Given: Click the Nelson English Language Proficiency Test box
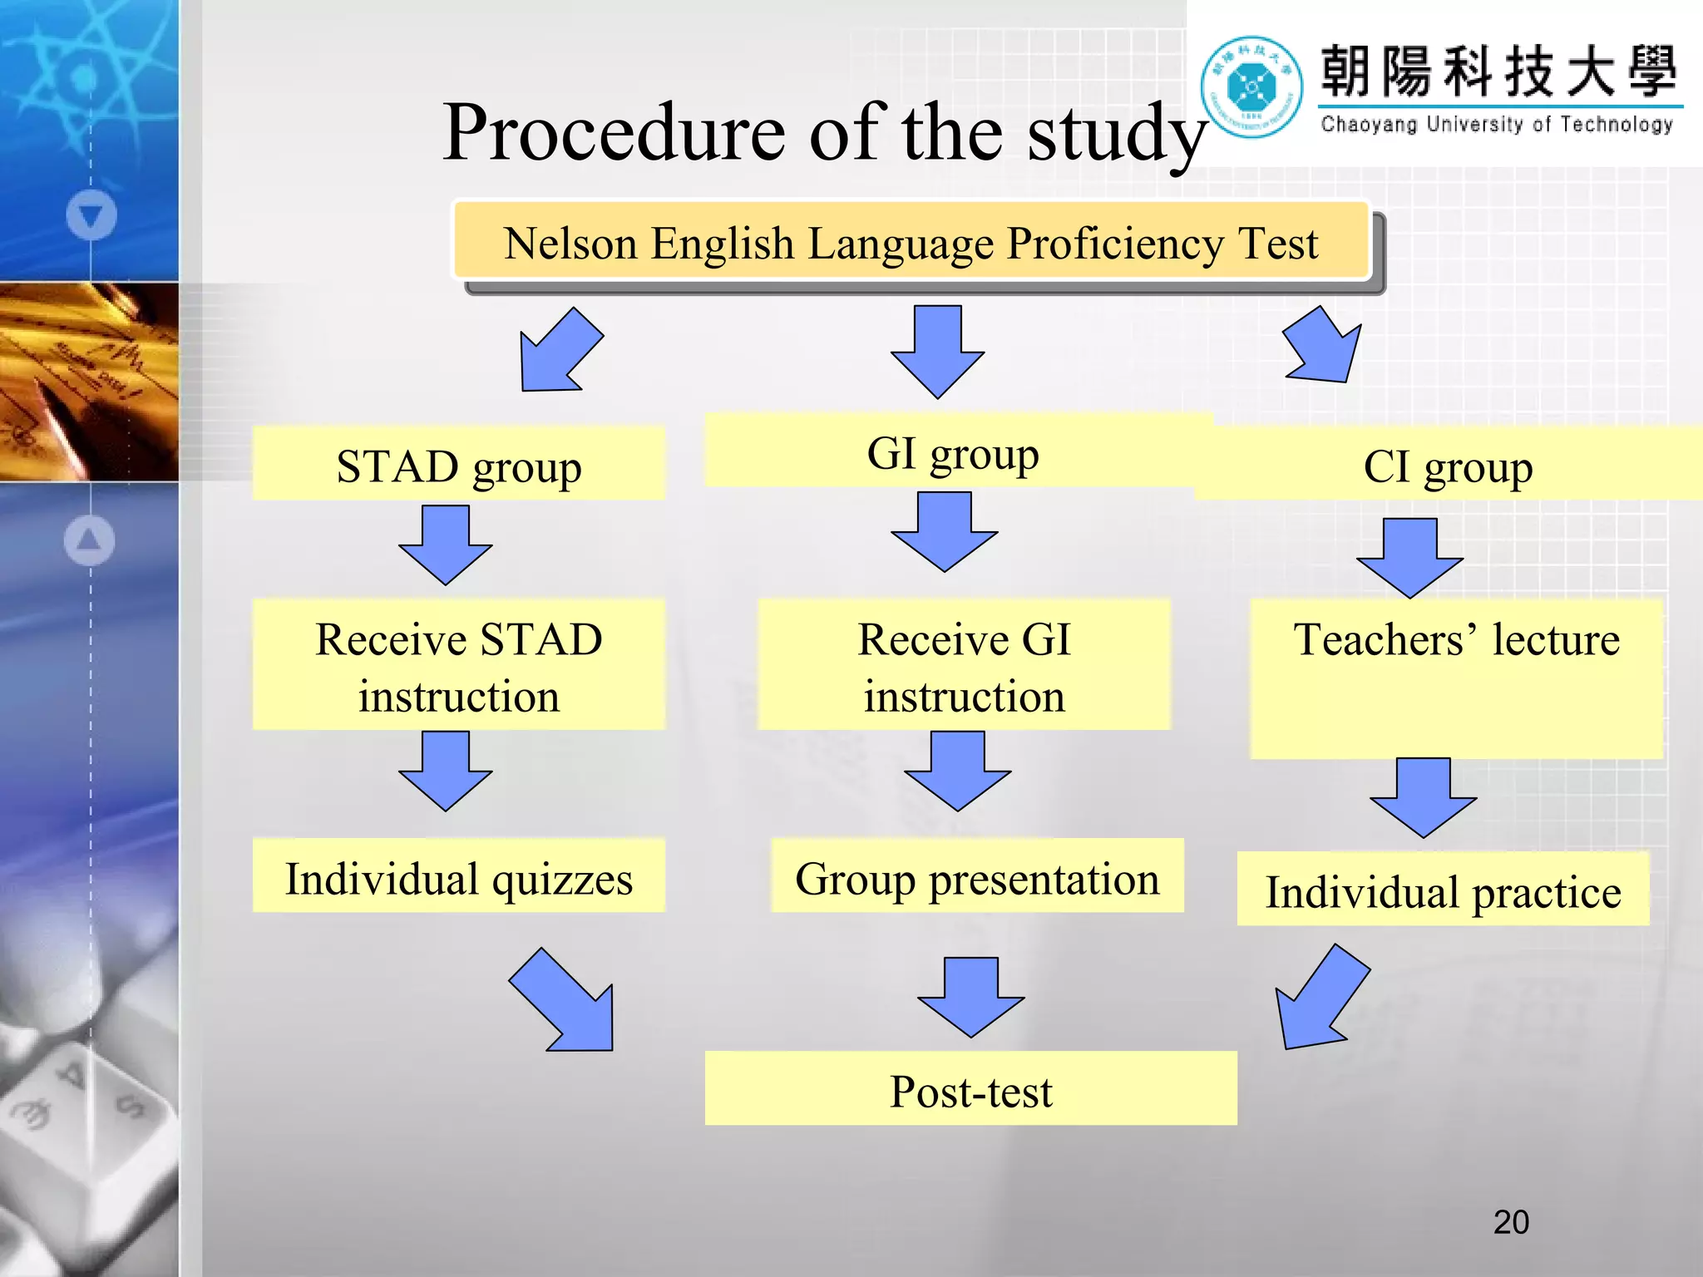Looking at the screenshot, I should point(911,242).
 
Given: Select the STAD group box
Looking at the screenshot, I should point(458,464).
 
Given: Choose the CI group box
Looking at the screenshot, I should point(1447,465).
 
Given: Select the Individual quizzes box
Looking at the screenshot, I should point(458,876).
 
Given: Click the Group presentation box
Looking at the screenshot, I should point(977,876).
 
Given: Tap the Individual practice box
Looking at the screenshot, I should point(1443,890).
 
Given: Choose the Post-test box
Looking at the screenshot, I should point(970,1089).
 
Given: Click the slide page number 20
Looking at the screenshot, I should point(1511,1221).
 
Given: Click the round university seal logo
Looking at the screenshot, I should point(1251,86).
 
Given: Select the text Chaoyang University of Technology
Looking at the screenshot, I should point(1497,125).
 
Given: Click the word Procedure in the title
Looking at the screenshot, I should point(613,133).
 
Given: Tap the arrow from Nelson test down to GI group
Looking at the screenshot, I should point(937,349).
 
